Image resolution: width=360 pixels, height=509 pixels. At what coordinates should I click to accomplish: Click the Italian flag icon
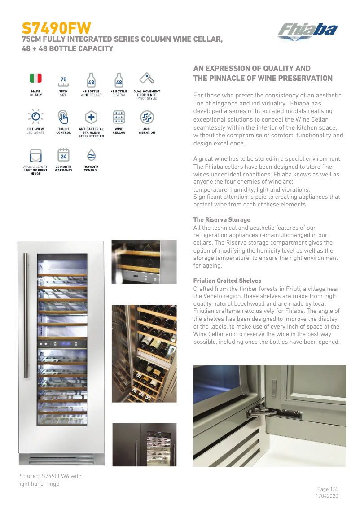(35, 78)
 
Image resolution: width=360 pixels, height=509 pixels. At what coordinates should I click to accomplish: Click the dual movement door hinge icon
(146, 79)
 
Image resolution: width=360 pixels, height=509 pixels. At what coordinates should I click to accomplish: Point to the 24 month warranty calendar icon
(63, 155)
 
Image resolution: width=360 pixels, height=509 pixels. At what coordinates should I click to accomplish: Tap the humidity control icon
(91, 155)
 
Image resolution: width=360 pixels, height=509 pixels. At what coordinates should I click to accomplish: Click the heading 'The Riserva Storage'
(221, 219)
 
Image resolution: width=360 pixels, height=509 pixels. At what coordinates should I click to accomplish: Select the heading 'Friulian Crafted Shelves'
(227, 281)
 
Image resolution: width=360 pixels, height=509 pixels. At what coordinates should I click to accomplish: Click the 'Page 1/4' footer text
(327, 489)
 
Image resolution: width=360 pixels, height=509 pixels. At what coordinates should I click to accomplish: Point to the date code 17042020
(327, 496)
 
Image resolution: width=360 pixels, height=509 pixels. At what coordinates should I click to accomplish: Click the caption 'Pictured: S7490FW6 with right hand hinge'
(49, 480)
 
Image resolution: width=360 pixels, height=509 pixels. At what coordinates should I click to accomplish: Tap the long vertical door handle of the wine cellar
(29, 314)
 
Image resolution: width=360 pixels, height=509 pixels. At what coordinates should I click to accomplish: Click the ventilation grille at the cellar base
(61, 459)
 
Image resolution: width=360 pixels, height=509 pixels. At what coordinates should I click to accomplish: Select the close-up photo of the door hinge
(269, 416)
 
